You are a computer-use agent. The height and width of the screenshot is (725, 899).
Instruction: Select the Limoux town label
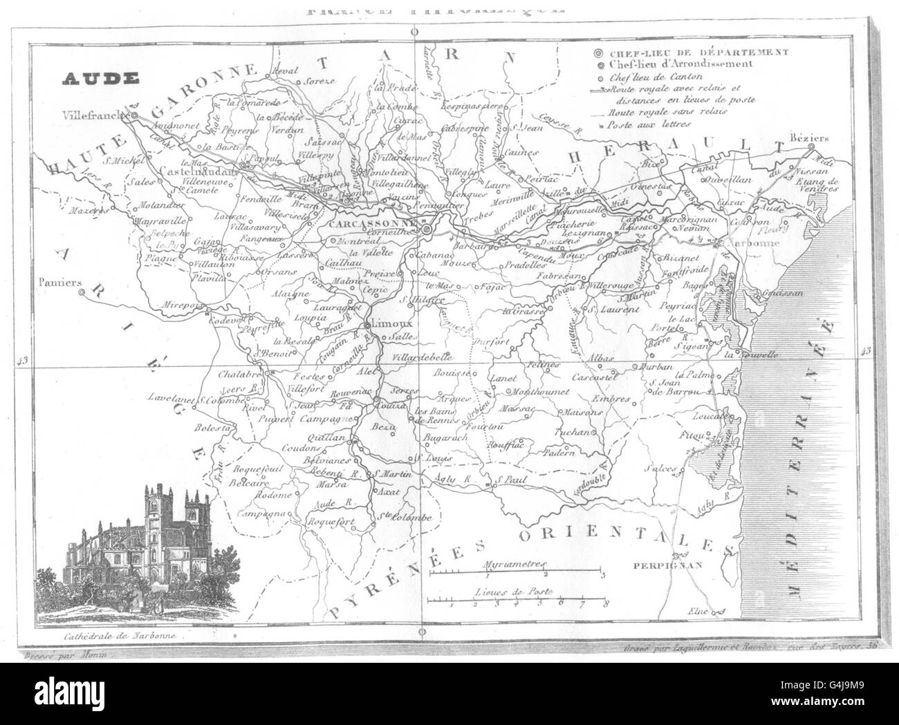[x=393, y=323]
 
